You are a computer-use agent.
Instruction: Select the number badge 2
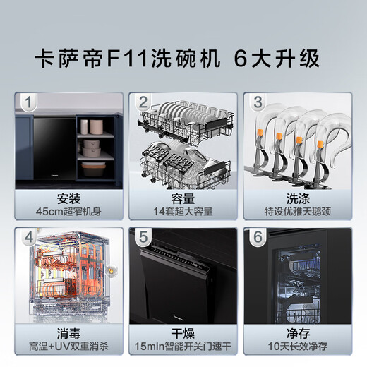click(x=143, y=103)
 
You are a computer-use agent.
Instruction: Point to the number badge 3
click(x=258, y=103)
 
